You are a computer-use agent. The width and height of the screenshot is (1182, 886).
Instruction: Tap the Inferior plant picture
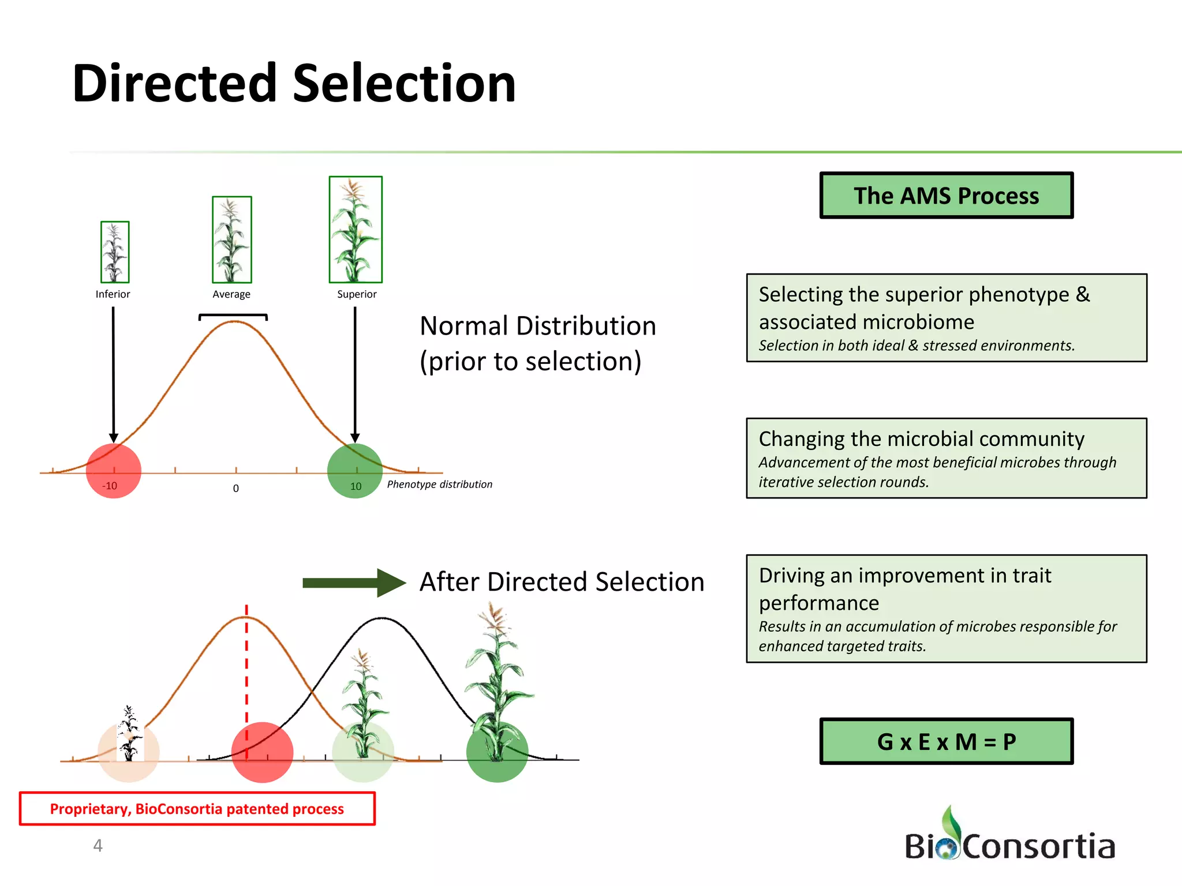(115, 252)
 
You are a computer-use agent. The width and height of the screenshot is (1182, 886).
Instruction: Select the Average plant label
(231, 294)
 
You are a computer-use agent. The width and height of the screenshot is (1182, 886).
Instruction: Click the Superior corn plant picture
(356, 230)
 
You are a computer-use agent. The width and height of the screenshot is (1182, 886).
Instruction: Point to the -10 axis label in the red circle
(110, 486)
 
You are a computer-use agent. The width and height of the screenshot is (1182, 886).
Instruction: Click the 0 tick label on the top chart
(235, 489)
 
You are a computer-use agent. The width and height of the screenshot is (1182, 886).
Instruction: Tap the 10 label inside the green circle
(356, 486)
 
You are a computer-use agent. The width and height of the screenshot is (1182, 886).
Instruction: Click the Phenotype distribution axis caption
(439, 485)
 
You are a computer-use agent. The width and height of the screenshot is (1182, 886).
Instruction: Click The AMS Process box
(946, 196)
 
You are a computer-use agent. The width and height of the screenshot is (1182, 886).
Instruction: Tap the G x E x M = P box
(946, 742)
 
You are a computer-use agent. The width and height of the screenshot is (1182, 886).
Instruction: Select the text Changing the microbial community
(921, 439)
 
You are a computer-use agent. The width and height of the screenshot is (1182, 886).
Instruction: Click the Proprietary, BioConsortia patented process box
(197, 809)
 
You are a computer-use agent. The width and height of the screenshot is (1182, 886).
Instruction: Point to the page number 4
(98, 846)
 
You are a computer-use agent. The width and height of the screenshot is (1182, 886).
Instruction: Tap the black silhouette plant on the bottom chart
(130, 734)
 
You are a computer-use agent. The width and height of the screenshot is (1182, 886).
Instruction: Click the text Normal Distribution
(537, 326)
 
